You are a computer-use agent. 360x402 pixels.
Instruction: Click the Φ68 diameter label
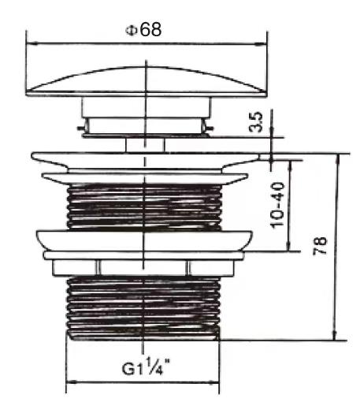[x=143, y=30]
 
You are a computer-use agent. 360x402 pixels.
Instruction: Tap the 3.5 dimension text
[x=256, y=122]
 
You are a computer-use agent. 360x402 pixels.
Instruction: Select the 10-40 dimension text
[x=277, y=205]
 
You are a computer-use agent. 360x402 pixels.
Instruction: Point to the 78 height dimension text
[x=320, y=246]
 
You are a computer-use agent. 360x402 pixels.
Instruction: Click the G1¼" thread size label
[x=146, y=366]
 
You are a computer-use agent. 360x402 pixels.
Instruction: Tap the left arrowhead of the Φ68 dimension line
[x=32, y=43]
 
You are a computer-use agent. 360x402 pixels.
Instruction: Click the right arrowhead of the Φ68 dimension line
[x=261, y=45]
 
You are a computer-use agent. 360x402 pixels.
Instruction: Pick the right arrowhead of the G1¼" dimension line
[x=214, y=383]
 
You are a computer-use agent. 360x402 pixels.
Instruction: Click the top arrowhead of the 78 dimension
[x=339, y=159]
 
